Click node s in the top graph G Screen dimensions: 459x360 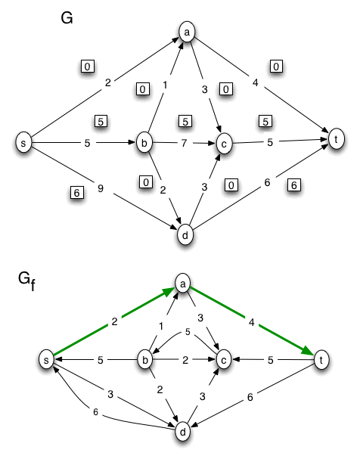(x=25, y=142)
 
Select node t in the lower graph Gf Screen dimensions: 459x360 (x=322, y=360)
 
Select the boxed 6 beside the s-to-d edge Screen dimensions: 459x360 (x=75, y=193)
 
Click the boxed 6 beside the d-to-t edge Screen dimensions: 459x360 (x=294, y=185)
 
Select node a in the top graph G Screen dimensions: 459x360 (x=186, y=32)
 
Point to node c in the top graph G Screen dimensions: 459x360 (x=223, y=142)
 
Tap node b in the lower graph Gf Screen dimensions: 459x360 (x=144, y=360)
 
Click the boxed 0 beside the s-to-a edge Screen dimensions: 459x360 (x=88, y=67)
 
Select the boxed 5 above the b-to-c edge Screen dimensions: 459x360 (x=183, y=121)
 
